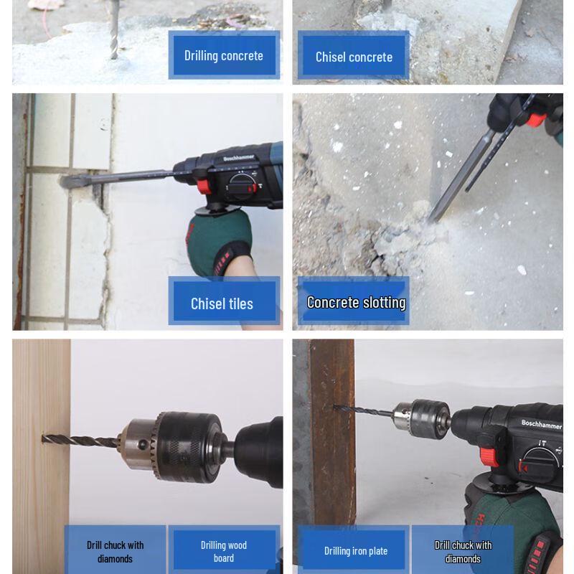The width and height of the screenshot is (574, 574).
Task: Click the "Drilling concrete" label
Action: [x=223, y=55]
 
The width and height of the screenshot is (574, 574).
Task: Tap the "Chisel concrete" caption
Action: [x=354, y=57]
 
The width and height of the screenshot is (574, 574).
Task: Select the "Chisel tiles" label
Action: [x=222, y=304]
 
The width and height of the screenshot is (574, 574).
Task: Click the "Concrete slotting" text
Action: [x=356, y=302]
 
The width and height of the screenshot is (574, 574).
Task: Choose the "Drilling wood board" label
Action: [x=223, y=551]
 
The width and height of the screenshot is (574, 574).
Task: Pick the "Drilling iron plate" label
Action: [x=355, y=551]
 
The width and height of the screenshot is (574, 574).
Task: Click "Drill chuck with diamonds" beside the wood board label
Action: [x=115, y=551]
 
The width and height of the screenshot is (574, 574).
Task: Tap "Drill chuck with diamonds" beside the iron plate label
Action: [x=463, y=551]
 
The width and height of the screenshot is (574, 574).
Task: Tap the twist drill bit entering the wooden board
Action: [x=79, y=440]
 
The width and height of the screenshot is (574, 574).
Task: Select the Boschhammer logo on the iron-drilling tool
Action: [x=541, y=424]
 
